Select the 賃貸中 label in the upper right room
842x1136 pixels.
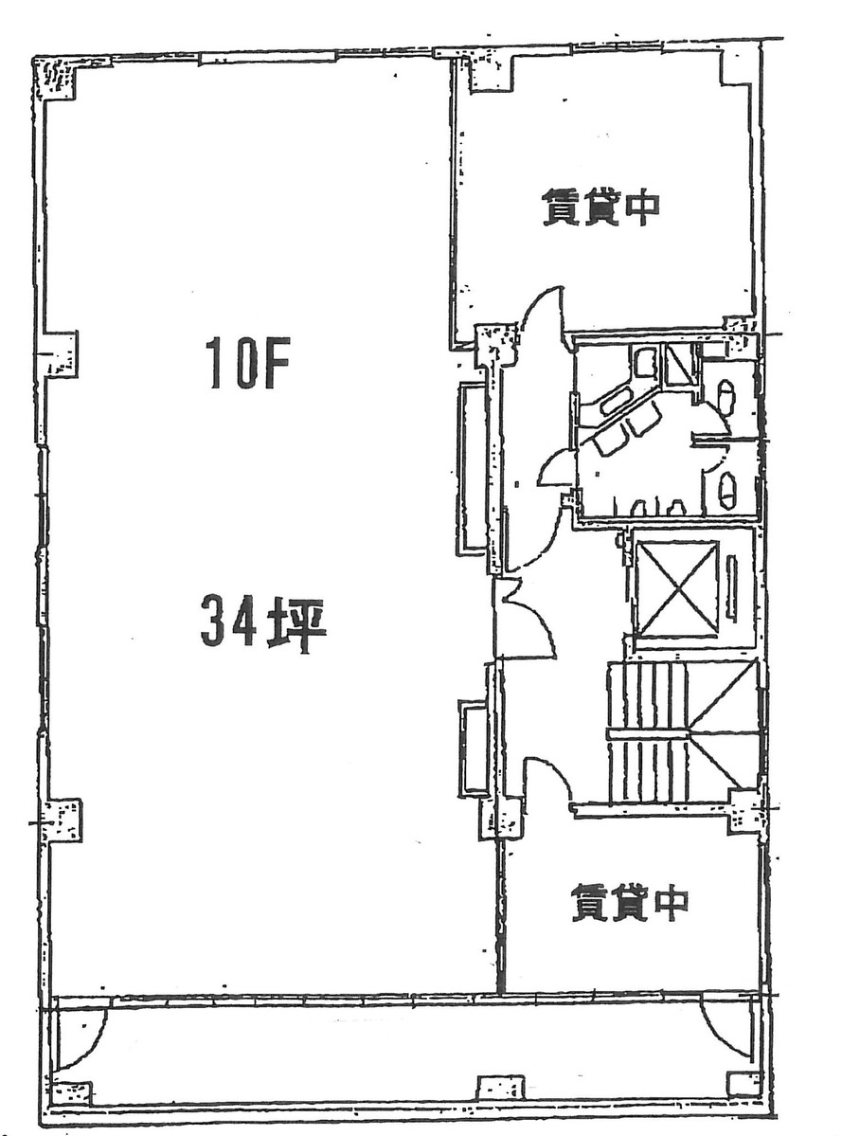(600, 207)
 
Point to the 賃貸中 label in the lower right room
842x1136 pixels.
(628, 902)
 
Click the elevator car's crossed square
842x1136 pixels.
(676, 589)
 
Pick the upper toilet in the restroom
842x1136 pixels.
(726, 396)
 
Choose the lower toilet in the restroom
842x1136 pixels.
(726, 489)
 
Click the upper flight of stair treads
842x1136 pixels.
(648, 696)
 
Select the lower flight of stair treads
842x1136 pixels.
(648, 770)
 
